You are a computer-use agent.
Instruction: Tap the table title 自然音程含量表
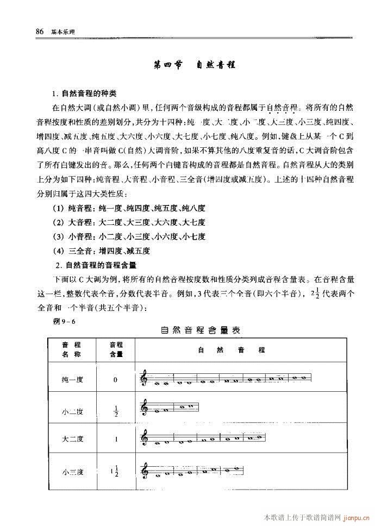(x=200, y=330)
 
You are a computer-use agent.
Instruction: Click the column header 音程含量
(x=116, y=350)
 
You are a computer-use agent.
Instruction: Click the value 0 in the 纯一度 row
(x=116, y=379)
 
